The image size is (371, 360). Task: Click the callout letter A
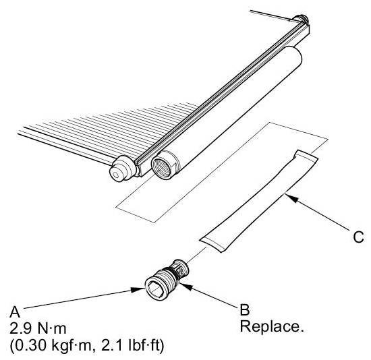(15, 312)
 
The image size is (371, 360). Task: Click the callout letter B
(245, 309)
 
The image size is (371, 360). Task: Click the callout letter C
(358, 237)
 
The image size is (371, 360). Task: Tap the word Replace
(272, 327)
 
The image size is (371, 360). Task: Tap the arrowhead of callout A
(138, 289)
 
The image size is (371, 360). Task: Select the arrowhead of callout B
(185, 285)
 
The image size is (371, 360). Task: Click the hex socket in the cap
(154, 288)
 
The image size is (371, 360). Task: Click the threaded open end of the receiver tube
(162, 166)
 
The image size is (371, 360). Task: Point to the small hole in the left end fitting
(115, 175)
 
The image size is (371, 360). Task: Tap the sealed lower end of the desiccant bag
(214, 243)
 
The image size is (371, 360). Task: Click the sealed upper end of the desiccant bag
(306, 157)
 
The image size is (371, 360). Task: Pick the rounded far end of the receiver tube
(293, 57)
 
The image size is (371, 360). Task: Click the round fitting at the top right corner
(300, 19)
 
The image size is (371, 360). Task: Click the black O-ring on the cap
(175, 274)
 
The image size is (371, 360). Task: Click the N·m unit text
(51, 328)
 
